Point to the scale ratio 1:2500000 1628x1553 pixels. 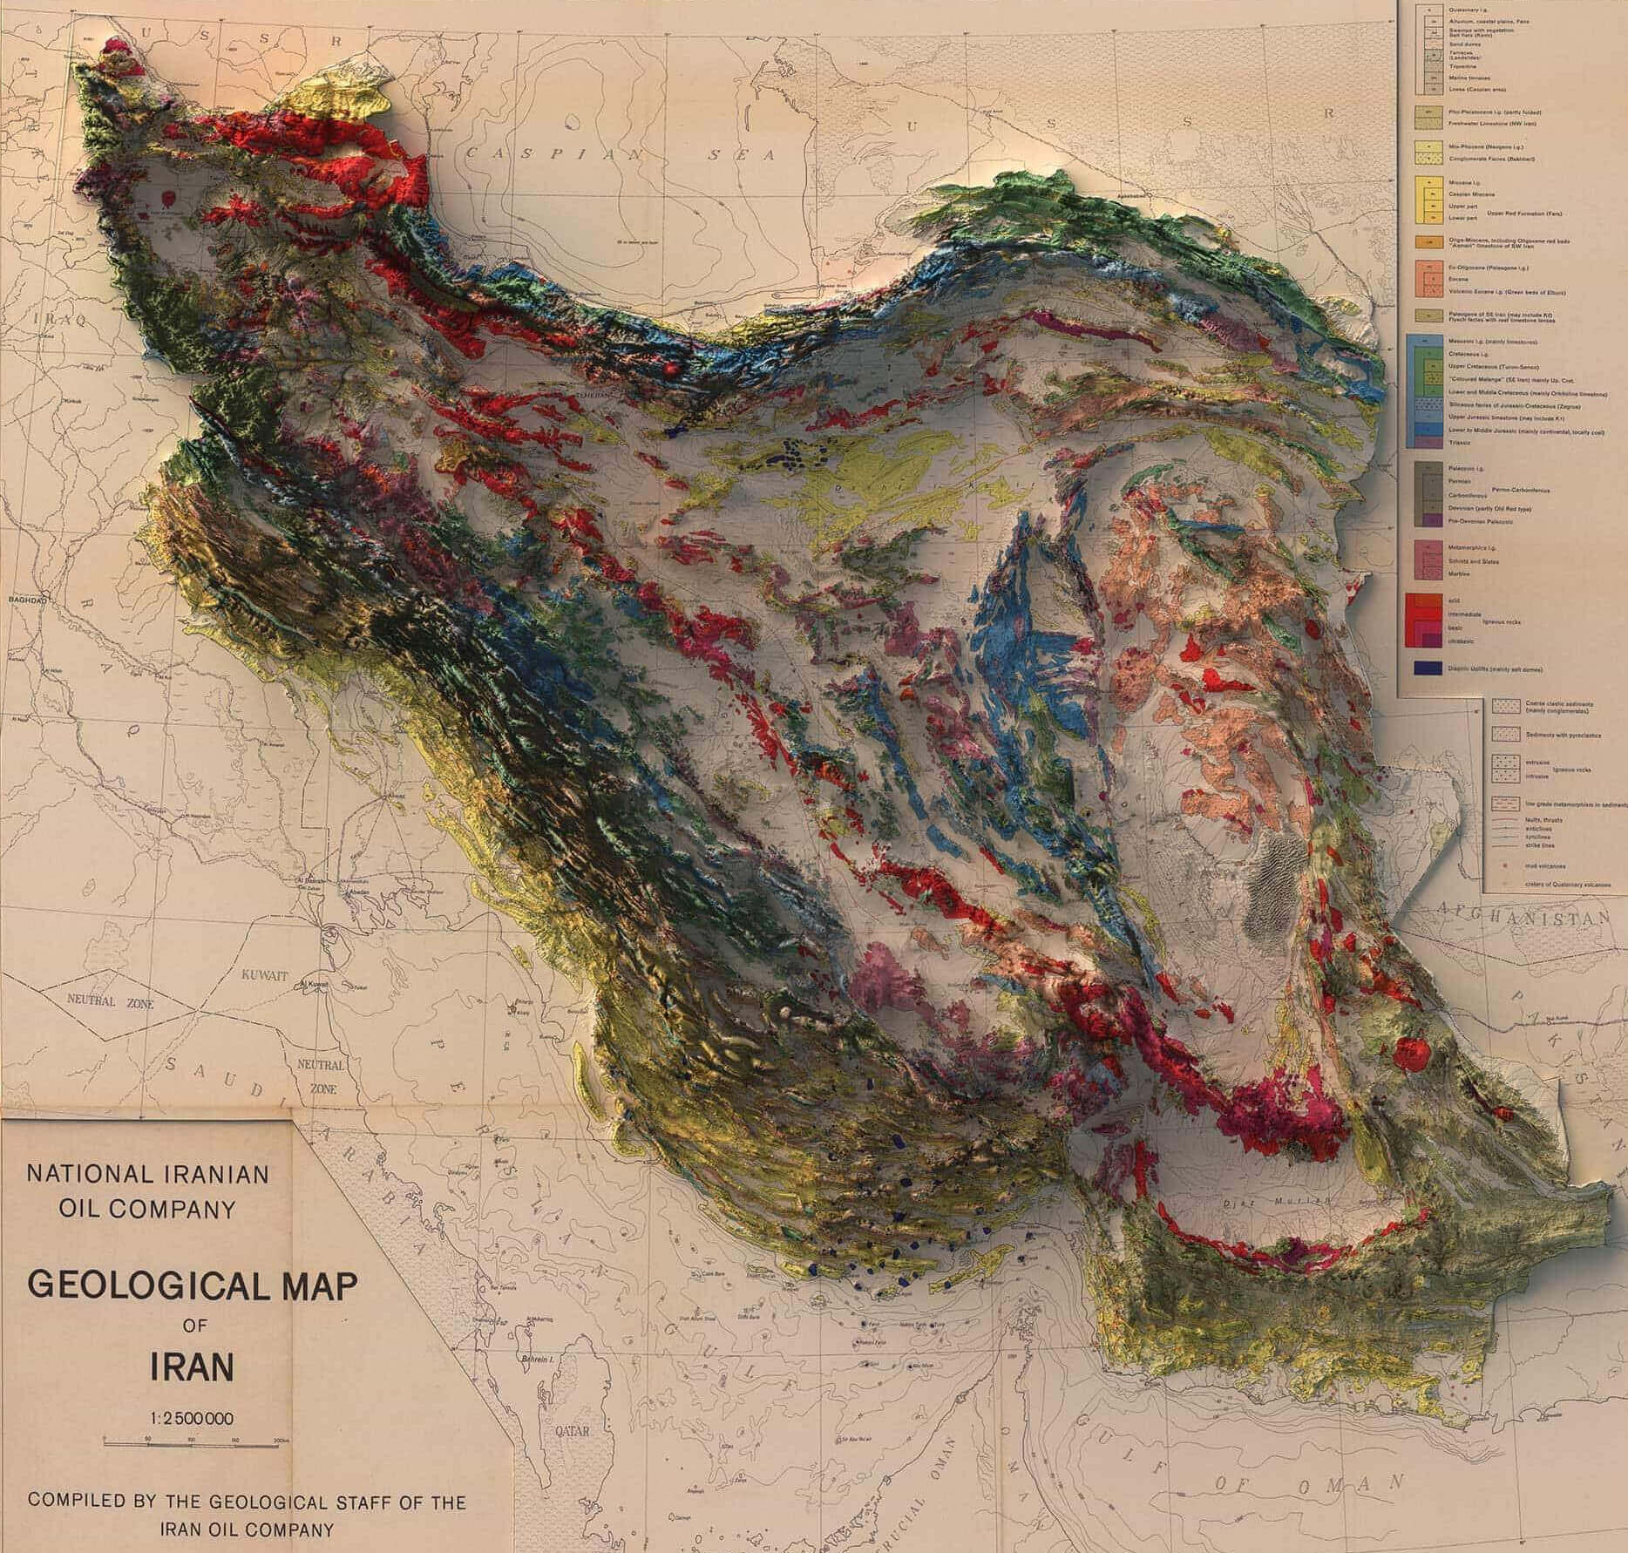[x=193, y=1416]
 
